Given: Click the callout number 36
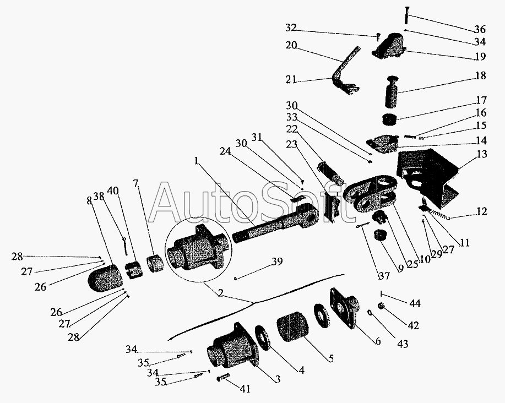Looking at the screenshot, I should [480, 30].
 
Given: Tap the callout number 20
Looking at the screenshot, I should [292, 46].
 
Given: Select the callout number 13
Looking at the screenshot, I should [482, 155].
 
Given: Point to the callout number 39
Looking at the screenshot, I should [276, 263].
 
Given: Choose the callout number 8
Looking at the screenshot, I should [90, 201].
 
